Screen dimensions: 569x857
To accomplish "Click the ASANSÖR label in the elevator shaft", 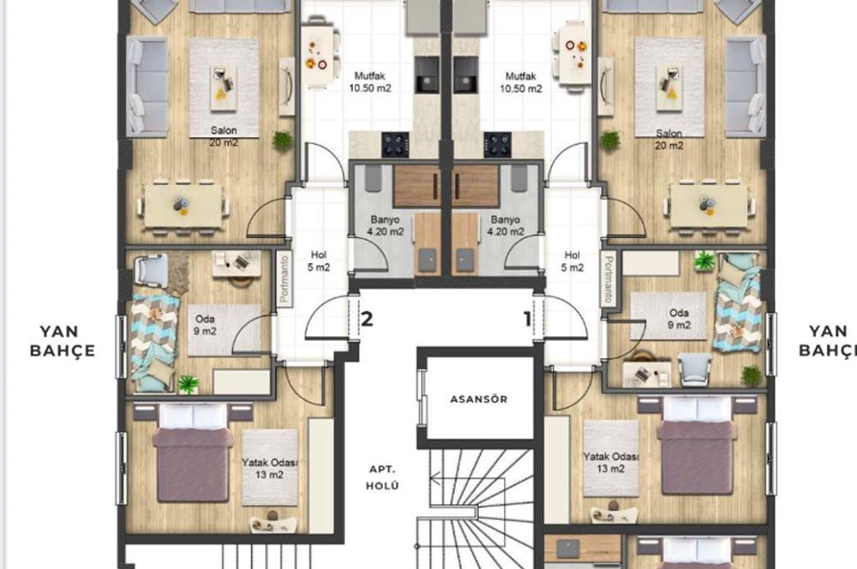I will point(479,399).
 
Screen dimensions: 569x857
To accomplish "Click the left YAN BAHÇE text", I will point(62,340).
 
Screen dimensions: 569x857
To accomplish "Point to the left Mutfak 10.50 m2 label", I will point(370,81).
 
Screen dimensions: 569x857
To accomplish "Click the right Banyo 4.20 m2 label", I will point(503,225).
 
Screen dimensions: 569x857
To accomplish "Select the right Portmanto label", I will point(608,279).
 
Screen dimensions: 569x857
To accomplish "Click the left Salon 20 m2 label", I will point(224,136).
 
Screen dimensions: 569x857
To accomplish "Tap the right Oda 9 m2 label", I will point(679,319).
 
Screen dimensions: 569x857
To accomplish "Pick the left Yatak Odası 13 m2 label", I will point(269,468).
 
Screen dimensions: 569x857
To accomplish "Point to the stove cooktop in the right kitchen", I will point(497,143).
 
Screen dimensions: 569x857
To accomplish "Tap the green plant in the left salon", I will point(282,140).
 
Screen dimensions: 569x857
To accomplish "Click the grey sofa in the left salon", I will point(147,86).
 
